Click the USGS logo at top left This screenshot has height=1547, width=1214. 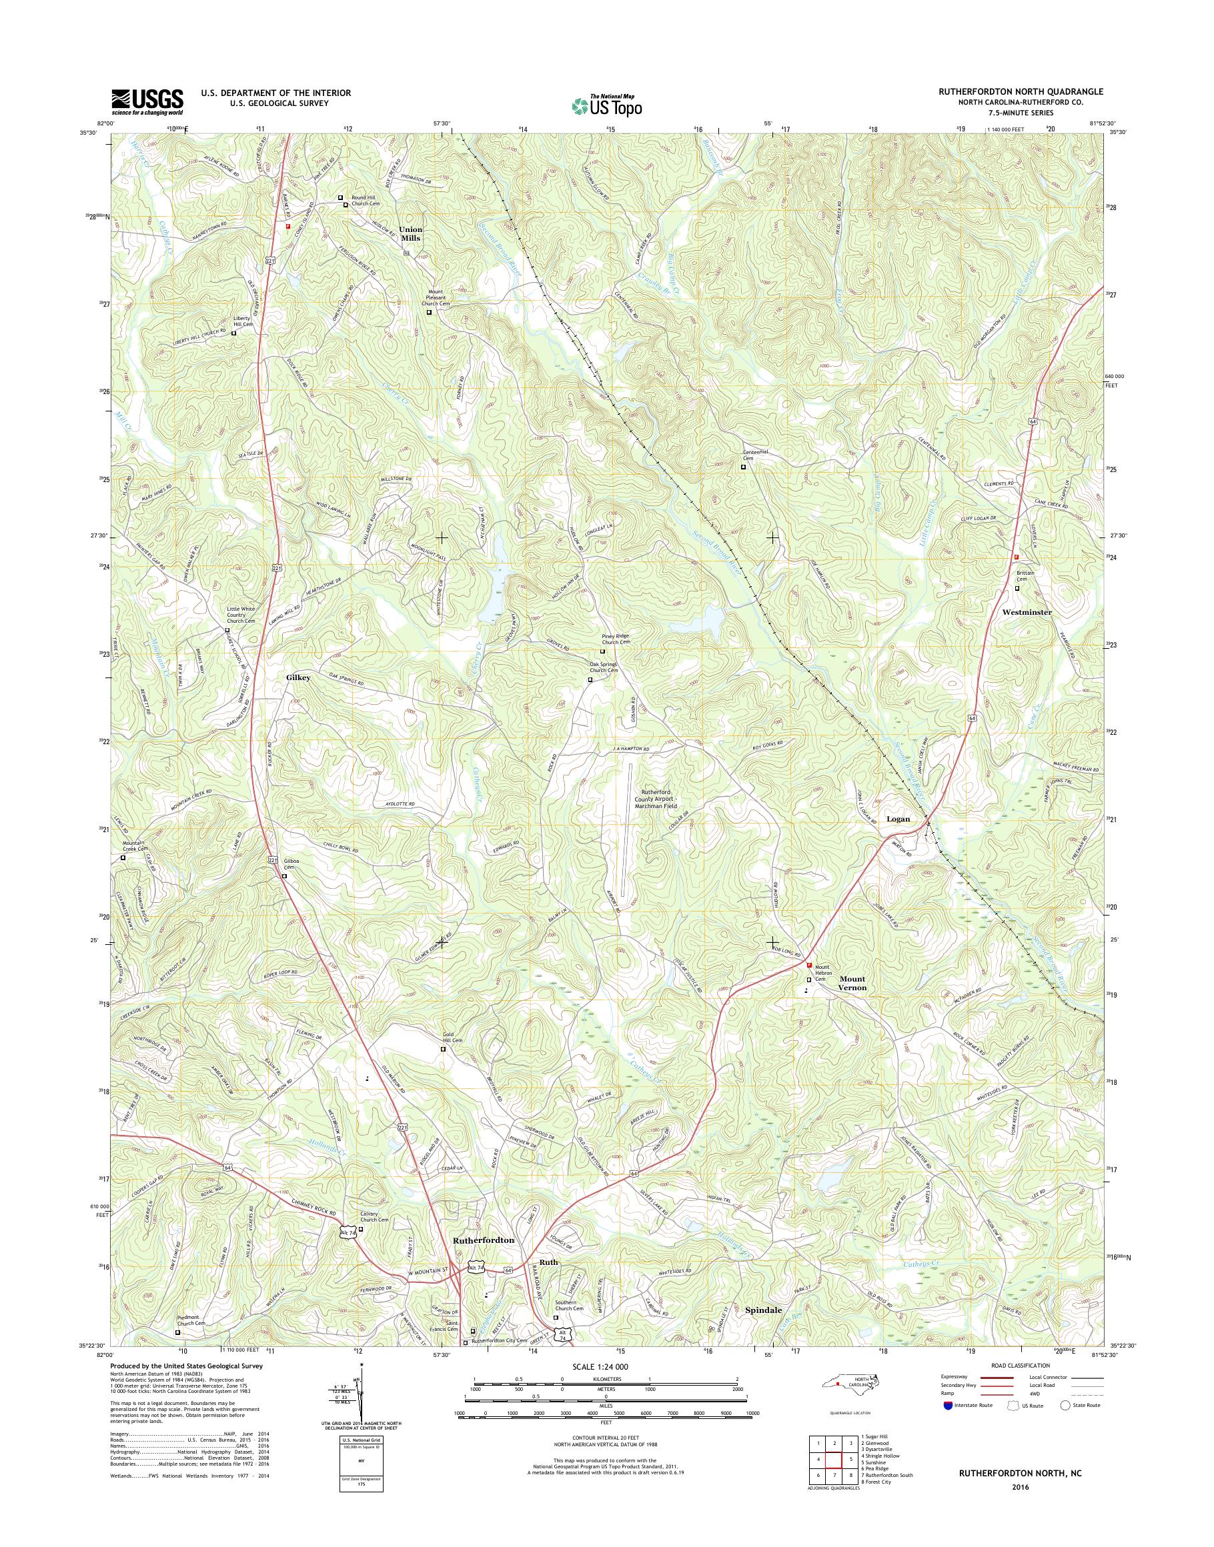tap(147, 102)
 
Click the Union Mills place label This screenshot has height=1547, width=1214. tap(410, 234)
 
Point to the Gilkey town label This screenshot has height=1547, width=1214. tap(299, 678)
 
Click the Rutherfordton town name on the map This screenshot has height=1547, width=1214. tap(484, 1240)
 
